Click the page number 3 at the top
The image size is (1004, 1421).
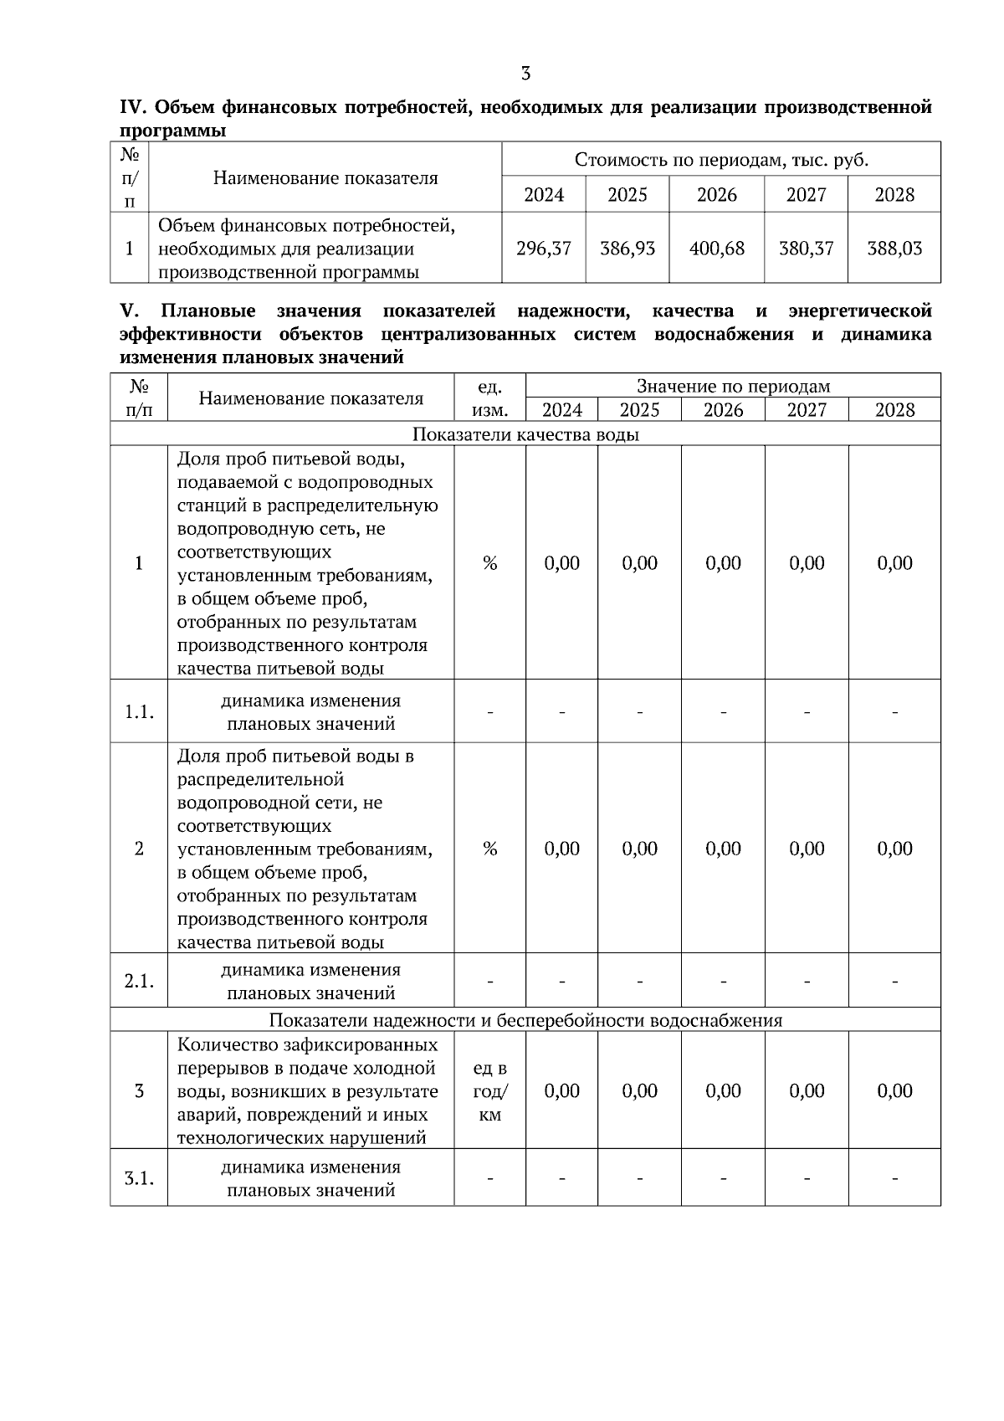click(525, 74)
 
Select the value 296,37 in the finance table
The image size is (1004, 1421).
click(544, 249)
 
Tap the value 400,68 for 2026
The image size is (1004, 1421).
click(717, 249)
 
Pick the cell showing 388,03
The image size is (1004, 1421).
click(894, 249)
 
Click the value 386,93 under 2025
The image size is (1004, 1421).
click(627, 249)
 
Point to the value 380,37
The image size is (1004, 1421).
click(806, 249)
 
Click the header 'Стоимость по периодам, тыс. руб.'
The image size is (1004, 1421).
click(721, 160)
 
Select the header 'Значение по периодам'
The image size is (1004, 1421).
click(733, 386)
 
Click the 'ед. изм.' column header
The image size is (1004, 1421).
click(489, 398)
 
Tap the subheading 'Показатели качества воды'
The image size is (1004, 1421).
click(525, 434)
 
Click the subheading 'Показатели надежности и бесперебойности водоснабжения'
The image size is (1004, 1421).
click(525, 1020)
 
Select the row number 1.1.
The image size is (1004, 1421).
click(139, 712)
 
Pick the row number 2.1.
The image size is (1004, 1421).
click(139, 981)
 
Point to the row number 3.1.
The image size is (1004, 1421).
click(139, 1178)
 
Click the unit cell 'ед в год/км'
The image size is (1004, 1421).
click(489, 1091)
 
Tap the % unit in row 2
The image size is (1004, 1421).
click(489, 849)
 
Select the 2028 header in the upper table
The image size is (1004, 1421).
click(894, 195)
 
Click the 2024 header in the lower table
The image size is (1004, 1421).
click(561, 410)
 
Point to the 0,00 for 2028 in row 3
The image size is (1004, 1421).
click(894, 1091)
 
